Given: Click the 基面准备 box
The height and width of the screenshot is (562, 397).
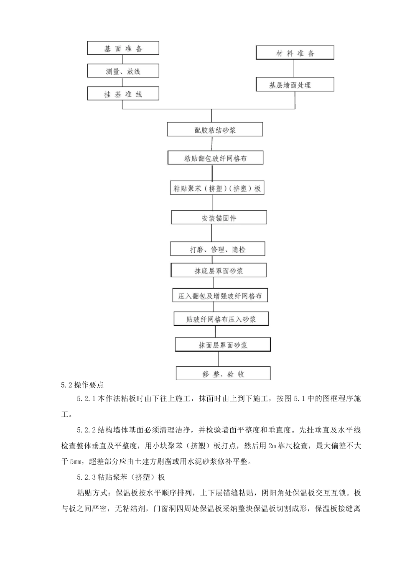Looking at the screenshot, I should tap(123, 48).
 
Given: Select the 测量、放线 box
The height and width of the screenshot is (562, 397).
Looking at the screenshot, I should tap(123, 71).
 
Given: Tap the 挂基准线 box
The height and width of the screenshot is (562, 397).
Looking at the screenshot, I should tap(123, 94).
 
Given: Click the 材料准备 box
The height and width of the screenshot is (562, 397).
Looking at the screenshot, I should tap(295, 53).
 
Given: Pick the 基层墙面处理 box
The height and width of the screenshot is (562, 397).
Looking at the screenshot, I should tap(295, 84).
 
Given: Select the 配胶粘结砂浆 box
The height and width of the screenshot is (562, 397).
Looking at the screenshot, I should tap(215, 130).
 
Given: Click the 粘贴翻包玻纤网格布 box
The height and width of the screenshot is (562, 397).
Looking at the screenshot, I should tap(215, 158).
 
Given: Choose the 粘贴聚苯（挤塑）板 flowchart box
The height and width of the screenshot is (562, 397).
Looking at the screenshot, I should tap(217, 188).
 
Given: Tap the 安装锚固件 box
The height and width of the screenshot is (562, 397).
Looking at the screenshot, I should tap(219, 218).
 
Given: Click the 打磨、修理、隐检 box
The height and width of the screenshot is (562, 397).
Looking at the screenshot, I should tap(217, 249).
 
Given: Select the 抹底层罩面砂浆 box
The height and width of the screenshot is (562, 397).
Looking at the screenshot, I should tap(218, 271).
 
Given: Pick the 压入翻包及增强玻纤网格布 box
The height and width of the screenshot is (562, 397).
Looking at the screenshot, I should tap(220, 296).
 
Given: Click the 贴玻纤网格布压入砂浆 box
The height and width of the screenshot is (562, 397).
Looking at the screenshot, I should tap(221, 319).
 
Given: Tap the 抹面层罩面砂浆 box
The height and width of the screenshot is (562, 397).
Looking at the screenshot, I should tap(223, 345).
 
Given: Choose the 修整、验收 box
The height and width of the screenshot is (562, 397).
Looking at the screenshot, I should tap(223, 373).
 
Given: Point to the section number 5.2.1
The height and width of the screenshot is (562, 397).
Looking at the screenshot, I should tap(87, 399).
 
